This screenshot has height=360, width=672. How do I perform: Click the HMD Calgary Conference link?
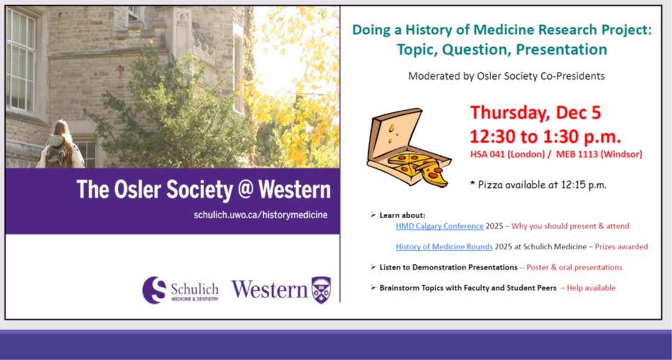[x=439, y=226]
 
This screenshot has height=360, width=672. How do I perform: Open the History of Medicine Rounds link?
[x=444, y=247]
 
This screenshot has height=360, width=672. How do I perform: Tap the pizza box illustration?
[x=409, y=148]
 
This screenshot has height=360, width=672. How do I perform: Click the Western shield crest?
[x=321, y=290]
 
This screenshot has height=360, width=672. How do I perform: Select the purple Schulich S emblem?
[x=154, y=290]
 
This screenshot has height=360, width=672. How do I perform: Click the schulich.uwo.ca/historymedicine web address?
[x=261, y=215]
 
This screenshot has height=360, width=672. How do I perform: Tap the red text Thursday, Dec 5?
[x=535, y=113]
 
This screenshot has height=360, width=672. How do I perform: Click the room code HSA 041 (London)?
[x=508, y=154]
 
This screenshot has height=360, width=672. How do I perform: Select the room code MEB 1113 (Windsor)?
[x=599, y=154]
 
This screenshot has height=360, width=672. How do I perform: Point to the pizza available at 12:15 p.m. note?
[x=538, y=185]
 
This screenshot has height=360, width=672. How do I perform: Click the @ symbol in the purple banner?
[x=246, y=189]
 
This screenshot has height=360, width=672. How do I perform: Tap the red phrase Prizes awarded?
[x=622, y=247]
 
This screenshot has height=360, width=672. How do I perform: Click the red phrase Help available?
[x=591, y=288]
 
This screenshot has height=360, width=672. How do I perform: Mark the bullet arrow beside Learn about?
[x=373, y=215]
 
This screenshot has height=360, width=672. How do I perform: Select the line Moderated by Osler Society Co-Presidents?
[x=506, y=76]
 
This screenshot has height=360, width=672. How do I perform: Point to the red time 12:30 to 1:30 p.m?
[x=545, y=136]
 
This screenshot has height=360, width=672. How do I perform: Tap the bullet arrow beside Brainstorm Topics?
[x=373, y=288]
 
